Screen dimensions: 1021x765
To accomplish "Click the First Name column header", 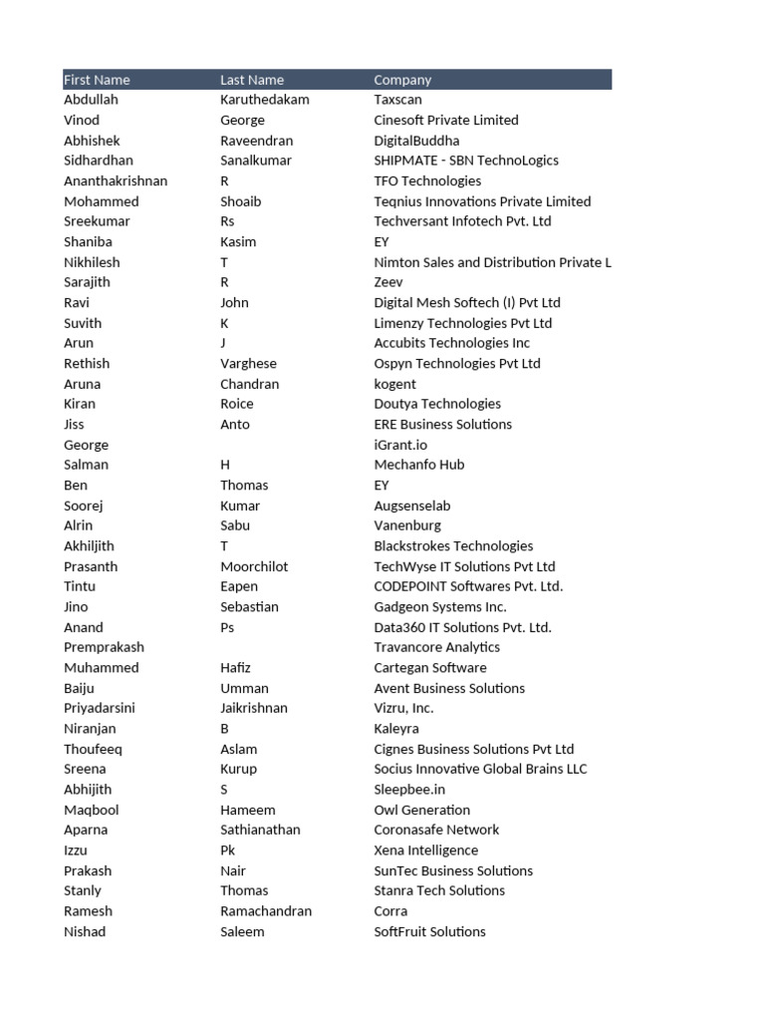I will (97, 80).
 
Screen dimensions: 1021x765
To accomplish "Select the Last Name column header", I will (252, 80).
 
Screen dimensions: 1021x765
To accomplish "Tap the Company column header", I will (402, 80).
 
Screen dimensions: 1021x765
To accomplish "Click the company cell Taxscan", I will (397, 100).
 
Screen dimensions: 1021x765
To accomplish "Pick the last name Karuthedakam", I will (264, 100).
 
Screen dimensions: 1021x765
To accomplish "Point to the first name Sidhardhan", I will (99, 161).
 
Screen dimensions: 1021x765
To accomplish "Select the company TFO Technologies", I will (427, 180).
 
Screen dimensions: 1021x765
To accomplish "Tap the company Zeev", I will (388, 282).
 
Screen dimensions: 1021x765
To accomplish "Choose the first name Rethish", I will (87, 364).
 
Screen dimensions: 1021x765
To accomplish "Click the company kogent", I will (394, 384).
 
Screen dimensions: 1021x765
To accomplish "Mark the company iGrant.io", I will (400, 445).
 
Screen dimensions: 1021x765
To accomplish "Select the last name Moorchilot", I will (254, 566).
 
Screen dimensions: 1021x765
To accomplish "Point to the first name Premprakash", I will (104, 647).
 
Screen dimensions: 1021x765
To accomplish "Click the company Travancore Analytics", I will (436, 647).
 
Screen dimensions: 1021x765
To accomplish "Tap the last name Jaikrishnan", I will (253, 708).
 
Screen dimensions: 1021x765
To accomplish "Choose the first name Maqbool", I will (90, 810).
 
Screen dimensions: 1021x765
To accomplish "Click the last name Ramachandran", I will (265, 911).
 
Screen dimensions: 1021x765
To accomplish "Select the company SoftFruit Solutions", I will (429, 931).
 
